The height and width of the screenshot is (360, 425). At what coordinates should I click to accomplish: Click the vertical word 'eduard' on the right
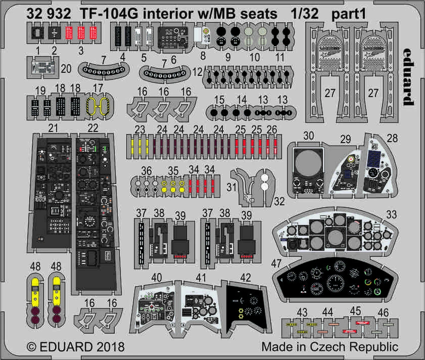(x=409, y=77)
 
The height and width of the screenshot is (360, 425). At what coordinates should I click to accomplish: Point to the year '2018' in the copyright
(x=111, y=347)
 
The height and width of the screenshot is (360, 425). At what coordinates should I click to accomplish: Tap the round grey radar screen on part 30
(x=308, y=163)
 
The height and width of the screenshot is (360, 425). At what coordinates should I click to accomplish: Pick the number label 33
(x=391, y=215)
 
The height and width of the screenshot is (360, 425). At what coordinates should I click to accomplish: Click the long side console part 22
(x=96, y=213)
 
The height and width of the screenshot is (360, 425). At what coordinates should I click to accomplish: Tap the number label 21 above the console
(x=53, y=128)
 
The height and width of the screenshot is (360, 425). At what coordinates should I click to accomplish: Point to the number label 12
(x=197, y=72)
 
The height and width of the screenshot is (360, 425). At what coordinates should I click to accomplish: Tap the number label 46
(x=383, y=313)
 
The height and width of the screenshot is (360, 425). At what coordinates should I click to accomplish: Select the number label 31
(x=231, y=187)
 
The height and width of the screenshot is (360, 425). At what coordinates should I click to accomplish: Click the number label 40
(x=156, y=278)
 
